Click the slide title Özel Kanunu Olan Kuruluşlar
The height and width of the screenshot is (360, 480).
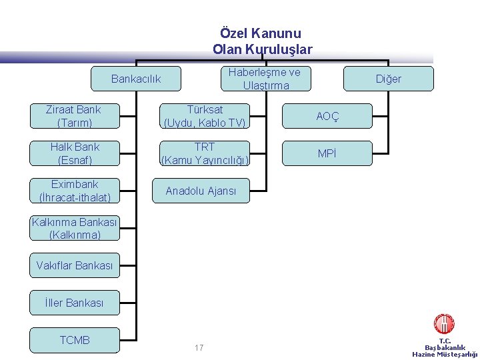coord(261,41)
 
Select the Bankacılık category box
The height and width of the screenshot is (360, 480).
coord(136,79)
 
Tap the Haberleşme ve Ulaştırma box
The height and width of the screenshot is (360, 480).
coord(265,79)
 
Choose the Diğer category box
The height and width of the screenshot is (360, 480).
coord(388,79)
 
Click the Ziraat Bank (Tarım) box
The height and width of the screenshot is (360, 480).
coord(75,115)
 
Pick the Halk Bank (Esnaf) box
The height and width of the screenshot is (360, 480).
coord(75,153)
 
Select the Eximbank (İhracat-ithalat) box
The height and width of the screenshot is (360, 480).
coord(75,190)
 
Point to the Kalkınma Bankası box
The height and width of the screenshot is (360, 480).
coord(75,228)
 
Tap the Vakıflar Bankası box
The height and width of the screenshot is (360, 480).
coord(75,265)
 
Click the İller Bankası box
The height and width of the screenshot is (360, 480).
coord(75,303)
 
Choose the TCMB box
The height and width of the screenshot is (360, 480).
coord(75,340)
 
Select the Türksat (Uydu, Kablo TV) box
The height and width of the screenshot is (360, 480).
coord(205,115)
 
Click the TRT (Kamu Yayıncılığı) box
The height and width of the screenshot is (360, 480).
coord(205,153)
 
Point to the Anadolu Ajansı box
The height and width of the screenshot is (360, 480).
coord(201,191)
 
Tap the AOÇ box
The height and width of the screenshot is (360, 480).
coord(327,116)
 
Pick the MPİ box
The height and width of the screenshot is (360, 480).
coord(327,153)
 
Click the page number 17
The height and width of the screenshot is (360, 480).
coord(199,348)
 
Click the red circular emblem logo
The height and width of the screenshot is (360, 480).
coord(444,325)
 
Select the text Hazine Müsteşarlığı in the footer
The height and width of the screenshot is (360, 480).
coord(445,354)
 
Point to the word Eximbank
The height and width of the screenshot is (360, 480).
coord(75,184)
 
